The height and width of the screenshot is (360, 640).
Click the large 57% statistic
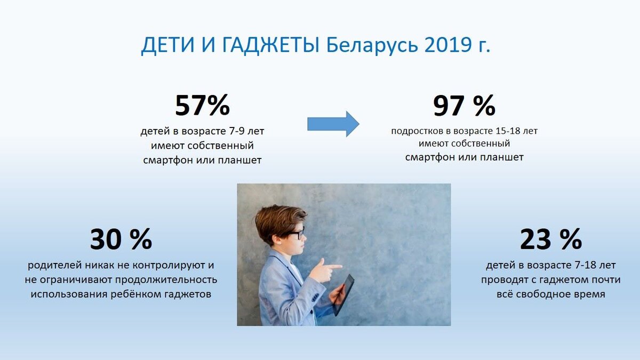point(202,105)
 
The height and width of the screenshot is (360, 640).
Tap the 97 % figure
point(465,106)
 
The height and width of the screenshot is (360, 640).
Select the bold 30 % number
point(121,239)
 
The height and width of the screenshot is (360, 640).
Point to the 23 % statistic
point(551,239)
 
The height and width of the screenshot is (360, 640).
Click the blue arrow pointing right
point(333,124)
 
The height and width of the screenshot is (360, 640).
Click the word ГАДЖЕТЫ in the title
point(270,45)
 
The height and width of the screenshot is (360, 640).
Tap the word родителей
point(54,266)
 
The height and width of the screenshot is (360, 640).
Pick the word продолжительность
point(166,280)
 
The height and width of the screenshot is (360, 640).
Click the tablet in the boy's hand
point(343,295)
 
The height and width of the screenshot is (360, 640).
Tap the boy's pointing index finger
point(334,267)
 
